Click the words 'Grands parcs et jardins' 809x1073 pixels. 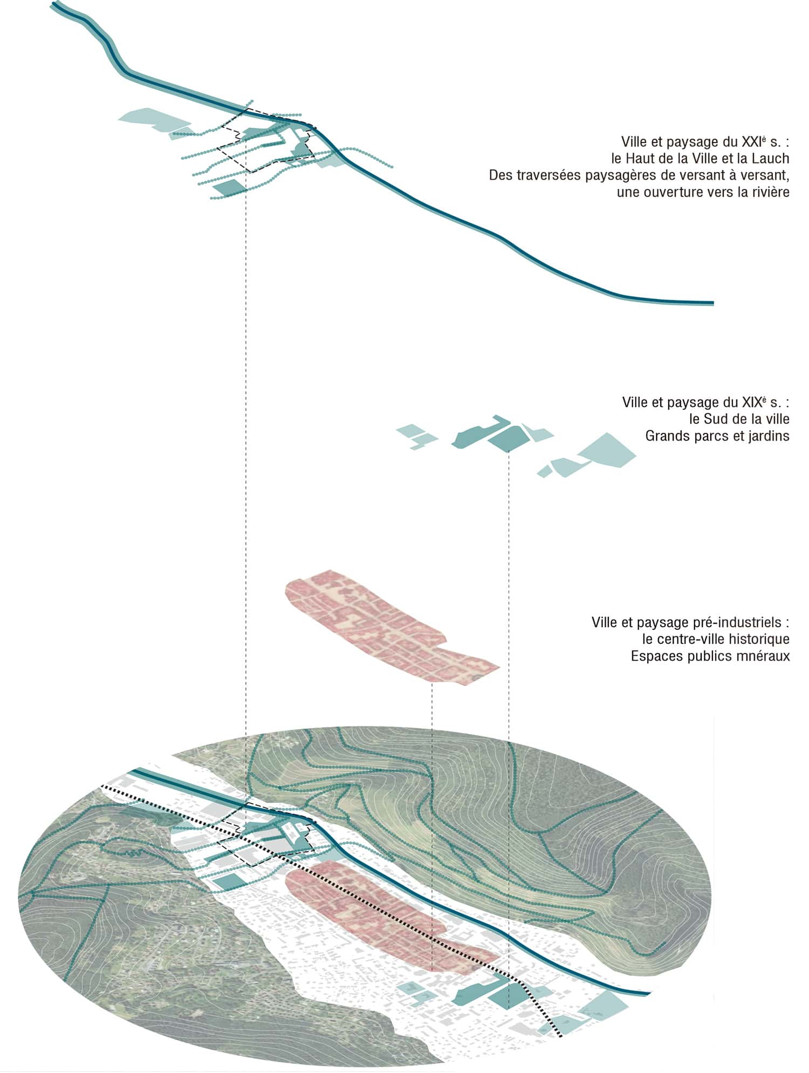[x=717, y=436]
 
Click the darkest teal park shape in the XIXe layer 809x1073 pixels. [x=507, y=438]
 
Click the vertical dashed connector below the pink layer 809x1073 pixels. [x=432, y=756]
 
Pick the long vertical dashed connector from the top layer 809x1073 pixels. [x=246, y=432]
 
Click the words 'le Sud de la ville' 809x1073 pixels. [x=739, y=419]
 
